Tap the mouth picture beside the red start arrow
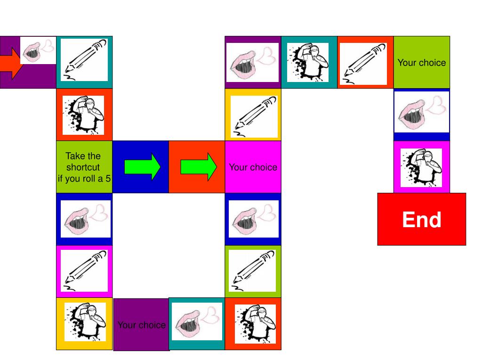click(x=38, y=50)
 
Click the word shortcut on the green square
click(x=83, y=167)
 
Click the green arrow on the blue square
click(x=142, y=167)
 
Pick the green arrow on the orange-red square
click(x=198, y=167)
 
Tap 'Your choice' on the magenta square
click(x=253, y=167)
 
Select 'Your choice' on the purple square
click(x=141, y=325)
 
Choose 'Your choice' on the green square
click(x=421, y=62)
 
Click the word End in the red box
click(x=421, y=220)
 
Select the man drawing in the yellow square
click(x=85, y=323)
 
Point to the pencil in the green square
click(x=253, y=271)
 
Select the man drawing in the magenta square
click(x=421, y=167)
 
